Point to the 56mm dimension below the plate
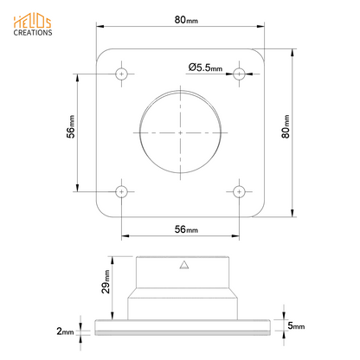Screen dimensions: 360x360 point(182,230)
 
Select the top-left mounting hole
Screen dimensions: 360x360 point(122,73)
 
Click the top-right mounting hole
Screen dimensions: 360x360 point(240,73)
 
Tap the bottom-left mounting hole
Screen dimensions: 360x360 point(122,190)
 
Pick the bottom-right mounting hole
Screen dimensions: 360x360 point(240,190)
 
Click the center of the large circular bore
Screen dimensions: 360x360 point(181,132)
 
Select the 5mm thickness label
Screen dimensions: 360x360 point(295,326)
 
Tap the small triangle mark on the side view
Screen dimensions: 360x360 point(182,267)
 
